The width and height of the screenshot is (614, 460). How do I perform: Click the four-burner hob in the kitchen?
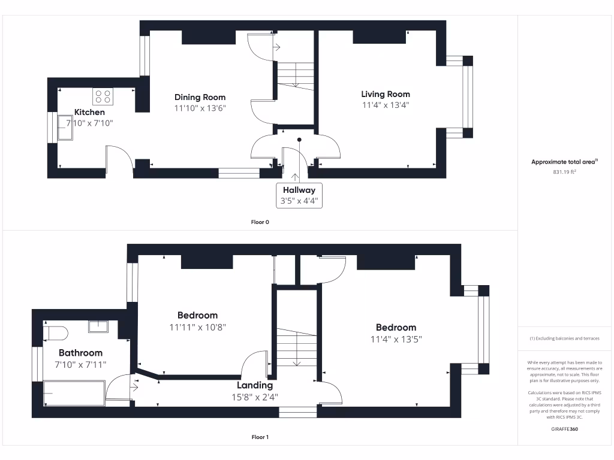click(102, 96)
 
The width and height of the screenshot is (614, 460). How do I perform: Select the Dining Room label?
click(200, 97)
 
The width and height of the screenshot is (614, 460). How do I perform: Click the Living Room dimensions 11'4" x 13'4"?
click(385, 105)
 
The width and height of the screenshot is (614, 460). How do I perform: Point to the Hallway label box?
click(299, 195)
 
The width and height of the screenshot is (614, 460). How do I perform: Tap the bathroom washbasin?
click(98, 326)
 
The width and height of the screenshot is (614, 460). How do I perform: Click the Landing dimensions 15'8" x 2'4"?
click(255, 397)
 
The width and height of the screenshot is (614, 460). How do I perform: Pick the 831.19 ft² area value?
click(564, 171)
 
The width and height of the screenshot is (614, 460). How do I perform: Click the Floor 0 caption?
click(260, 222)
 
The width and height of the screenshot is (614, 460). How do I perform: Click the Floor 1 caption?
click(260, 437)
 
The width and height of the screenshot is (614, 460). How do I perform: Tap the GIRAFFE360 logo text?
click(565, 429)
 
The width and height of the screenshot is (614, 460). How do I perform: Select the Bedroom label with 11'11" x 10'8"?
click(197, 315)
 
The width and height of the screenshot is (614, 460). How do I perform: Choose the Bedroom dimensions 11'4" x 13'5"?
click(396, 338)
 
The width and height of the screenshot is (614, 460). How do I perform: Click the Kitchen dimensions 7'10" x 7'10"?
click(89, 123)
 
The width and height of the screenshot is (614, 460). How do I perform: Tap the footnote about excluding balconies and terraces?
click(564, 338)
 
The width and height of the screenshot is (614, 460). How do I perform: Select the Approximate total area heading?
click(564, 162)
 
